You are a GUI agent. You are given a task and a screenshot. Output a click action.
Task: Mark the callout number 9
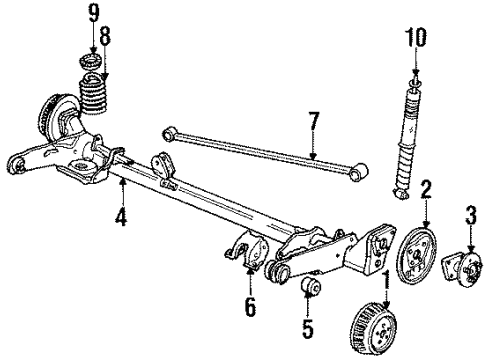pos(92,14)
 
